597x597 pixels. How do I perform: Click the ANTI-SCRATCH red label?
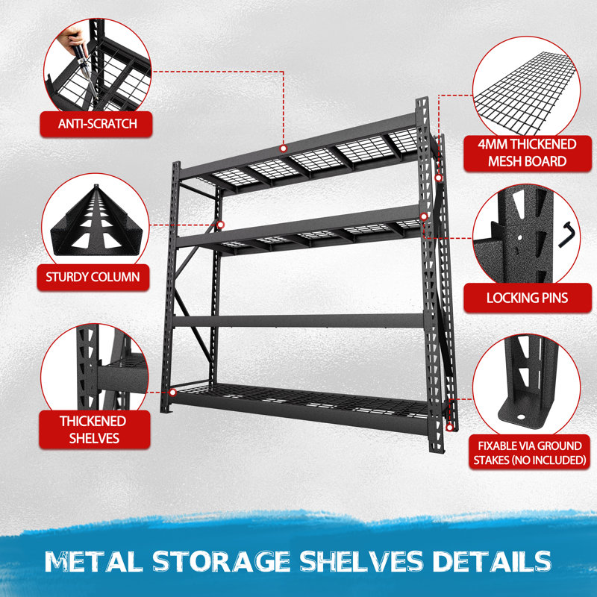click(96, 124)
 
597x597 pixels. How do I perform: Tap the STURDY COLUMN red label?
click(93, 277)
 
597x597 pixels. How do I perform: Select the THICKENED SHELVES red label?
click(95, 430)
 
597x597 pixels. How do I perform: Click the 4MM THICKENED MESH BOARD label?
click(528, 153)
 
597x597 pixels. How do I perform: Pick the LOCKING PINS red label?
click(528, 298)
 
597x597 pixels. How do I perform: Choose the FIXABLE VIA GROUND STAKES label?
click(530, 453)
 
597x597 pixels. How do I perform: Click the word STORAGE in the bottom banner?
click(221, 562)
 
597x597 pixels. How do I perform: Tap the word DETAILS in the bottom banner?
click(492, 562)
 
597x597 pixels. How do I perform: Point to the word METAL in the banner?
click(94, 562)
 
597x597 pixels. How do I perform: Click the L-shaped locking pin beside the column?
click(566, 234)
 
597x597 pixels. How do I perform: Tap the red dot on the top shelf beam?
click(283, 148)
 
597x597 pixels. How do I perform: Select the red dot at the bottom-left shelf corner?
click(173, 393)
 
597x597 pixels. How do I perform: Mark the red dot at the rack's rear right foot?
click(450, 428)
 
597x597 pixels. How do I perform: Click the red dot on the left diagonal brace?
click(220, 225)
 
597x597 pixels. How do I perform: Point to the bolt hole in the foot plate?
click(521, 417)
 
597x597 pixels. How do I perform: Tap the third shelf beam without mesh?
click(299, 321)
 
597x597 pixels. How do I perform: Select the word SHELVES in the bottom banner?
click(361, 562)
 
